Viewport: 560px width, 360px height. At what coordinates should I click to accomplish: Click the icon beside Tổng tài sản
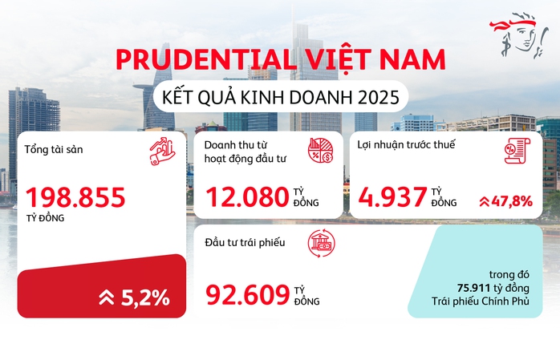160,152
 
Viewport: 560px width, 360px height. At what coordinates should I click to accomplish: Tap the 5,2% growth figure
145,297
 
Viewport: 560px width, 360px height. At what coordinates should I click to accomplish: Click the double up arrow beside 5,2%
106,298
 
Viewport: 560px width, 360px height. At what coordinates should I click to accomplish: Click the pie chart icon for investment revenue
321,152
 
